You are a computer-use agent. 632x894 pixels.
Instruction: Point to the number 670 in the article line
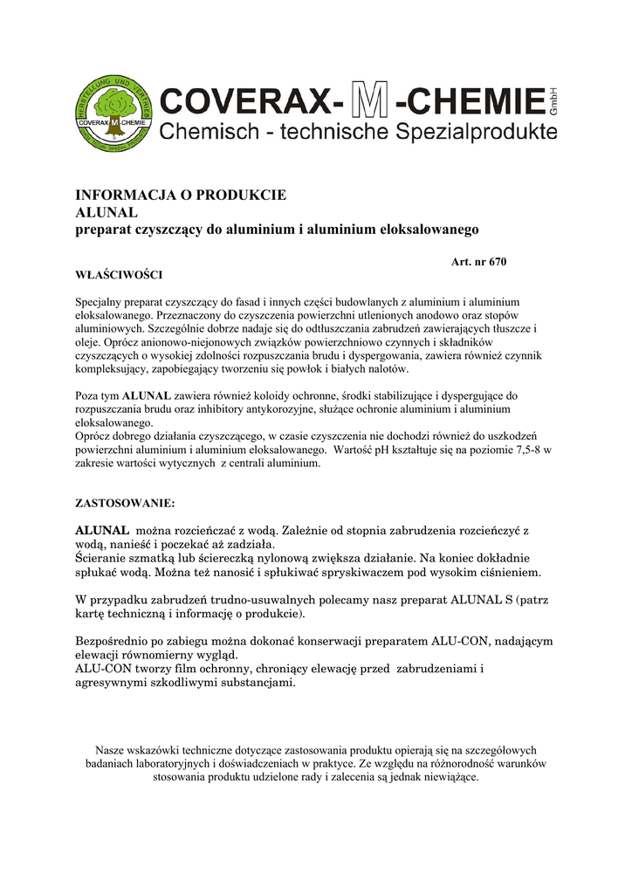[498, 262]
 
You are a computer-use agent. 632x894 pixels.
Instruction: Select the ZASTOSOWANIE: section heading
[125, 504]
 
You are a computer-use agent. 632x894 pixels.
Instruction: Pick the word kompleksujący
[115, 370]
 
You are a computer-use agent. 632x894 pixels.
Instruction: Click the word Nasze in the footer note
[111, 751]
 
